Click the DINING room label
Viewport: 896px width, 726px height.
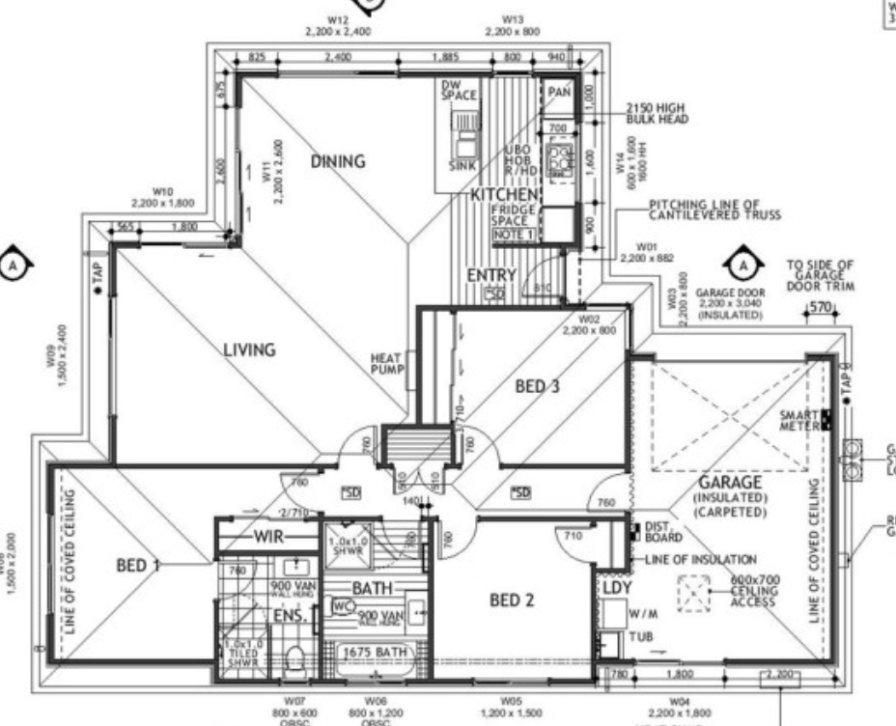pos(337,161)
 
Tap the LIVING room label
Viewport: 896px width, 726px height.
pos(250,349)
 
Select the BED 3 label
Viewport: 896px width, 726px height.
pos(537,386)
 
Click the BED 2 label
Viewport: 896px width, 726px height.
pos(512,600)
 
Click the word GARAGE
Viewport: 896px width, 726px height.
pos(730,481)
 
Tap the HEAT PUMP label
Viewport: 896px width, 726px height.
pos(386,363)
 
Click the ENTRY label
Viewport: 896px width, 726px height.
pos(491,276)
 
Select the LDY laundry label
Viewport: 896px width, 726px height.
pos(616,586)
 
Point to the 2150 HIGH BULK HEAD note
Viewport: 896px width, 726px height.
pos(657,113)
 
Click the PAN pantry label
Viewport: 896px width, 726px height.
pos(560,93)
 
